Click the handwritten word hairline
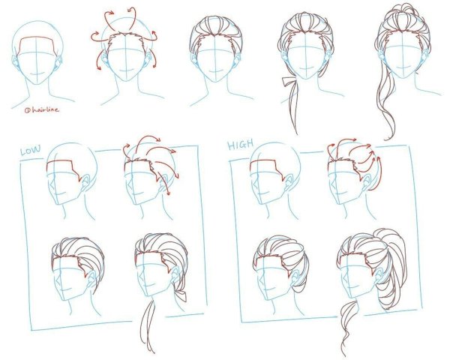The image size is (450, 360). click(42, 109)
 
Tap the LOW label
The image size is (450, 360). click(31, 150)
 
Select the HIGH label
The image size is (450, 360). click(241, 145)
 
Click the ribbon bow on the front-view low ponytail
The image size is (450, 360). click(288, 81)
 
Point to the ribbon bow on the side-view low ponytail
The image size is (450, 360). click(181, 295)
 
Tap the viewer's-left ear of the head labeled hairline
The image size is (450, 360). click(15, 61)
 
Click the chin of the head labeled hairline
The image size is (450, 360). click(36, 83)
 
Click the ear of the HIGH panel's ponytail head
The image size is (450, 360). click(379, 276)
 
